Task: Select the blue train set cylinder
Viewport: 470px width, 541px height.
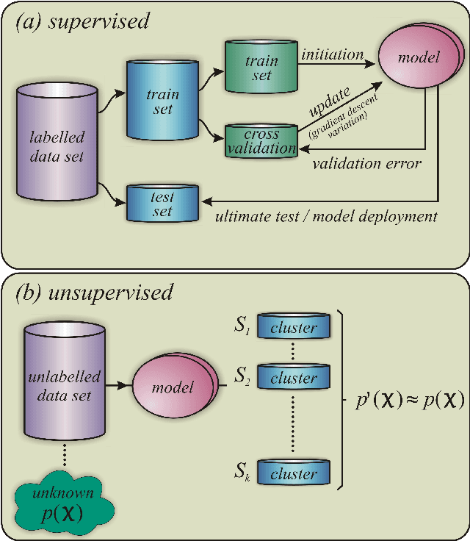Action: [163, 102]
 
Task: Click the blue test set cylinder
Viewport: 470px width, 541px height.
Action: [162, 204]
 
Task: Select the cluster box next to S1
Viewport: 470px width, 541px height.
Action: [292, 329]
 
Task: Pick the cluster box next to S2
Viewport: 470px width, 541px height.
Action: [292, 378]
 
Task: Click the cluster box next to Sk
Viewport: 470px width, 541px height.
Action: [292, 473]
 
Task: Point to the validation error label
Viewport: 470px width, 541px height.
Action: [366, 163]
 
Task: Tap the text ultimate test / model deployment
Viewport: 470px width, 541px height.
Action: [327, 216]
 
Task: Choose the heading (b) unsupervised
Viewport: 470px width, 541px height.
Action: [93, 292]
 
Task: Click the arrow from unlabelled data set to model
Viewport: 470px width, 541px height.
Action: [115, 384]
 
